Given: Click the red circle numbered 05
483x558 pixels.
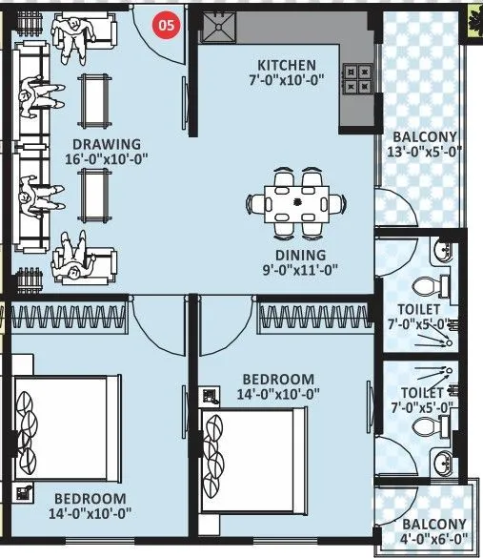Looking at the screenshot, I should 167,27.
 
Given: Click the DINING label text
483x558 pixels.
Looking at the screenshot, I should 302,255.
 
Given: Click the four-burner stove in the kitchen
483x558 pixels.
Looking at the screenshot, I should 359,78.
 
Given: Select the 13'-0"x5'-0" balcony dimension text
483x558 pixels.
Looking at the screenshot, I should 424,151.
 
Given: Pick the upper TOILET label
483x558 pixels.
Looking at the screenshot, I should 419,309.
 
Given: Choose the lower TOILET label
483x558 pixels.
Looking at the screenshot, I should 422,392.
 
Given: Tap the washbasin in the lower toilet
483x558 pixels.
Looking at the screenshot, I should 444,465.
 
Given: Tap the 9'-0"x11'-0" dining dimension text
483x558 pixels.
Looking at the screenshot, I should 302,270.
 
